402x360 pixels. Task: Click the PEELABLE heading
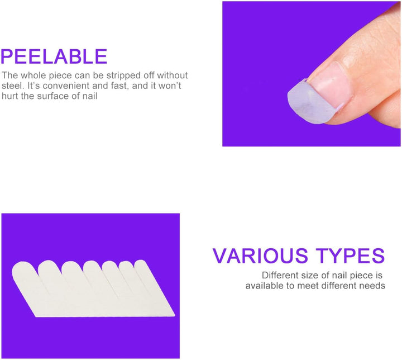point(54,56)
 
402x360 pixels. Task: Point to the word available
point(265,286)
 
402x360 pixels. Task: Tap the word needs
point(372,286)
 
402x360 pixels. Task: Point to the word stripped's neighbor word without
point(172,75)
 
